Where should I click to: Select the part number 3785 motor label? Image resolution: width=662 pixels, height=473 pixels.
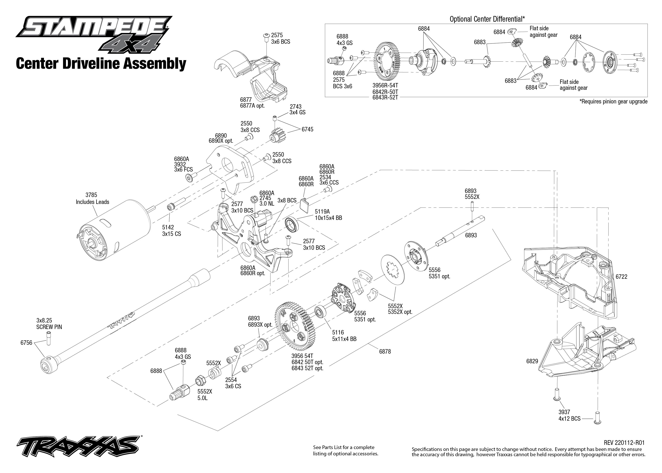pyautogui.click(x=91, y=195)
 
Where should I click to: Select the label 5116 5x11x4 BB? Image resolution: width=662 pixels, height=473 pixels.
pyautogui.click(x=344, y=336)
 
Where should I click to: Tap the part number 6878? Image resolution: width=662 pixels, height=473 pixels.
pyautogui.click(x=385, y=351)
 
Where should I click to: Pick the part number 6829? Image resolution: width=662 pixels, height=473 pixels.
pyautogui.click(x=532, y=361)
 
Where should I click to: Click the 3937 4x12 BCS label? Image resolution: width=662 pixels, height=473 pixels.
pyautogui.click(x=569, y=415)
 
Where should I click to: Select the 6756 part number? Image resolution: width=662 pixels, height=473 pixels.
pyautogui.click(x=26, y=343)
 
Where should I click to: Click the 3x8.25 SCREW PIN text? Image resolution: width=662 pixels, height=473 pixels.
pyautogui.click(x=49, y=324)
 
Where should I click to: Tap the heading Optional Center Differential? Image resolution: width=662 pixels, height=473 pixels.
pyautogui.click(x=487, y=19)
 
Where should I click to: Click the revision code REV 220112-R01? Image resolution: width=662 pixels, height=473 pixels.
pyautogui.click(x=624, y=443)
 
